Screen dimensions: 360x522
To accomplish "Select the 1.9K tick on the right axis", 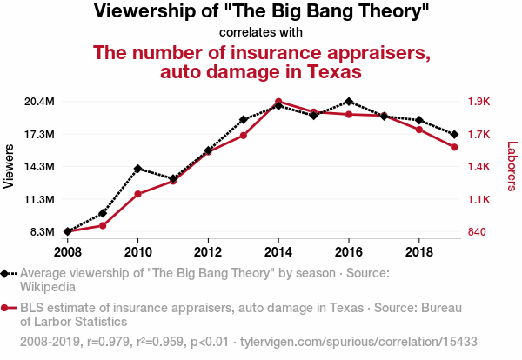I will click(478, 102).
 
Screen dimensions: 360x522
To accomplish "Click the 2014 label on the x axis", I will click(278, 251).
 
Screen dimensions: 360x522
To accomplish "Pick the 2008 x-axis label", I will click(67, 251).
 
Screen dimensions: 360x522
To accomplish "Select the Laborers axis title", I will click(512, 167).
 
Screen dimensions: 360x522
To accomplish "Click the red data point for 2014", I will click(278, 102).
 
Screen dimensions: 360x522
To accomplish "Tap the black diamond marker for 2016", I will click(349, 102).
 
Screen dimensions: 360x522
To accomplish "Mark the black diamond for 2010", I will click(137, 169).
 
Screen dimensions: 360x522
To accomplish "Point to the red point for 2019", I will click(454, 147).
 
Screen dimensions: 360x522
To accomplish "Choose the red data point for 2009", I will click(103, 225).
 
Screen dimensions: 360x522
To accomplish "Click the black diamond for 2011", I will click(173, 178).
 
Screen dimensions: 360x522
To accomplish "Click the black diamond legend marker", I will click(6, 273).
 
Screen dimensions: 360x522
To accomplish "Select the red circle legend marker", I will click(6, 307).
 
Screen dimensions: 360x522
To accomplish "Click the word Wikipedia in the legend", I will click(49, 285).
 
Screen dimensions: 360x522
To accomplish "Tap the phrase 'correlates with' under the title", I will click(261, 33).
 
